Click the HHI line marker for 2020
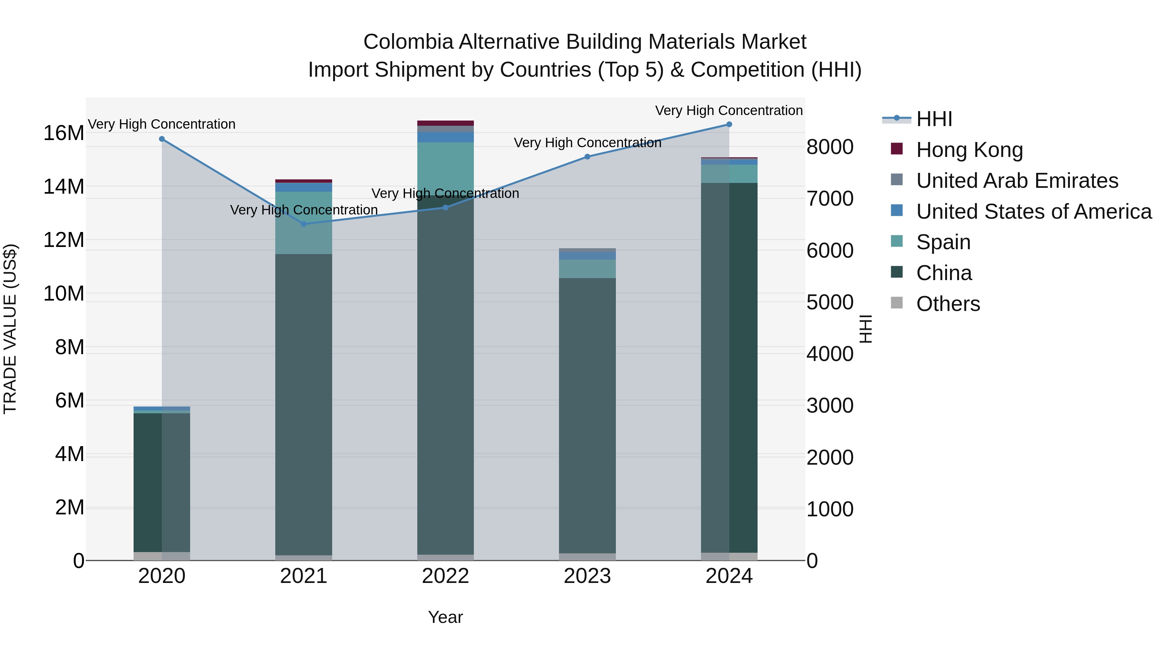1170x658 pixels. point(162,139)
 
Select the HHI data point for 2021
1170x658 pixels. point(304,224)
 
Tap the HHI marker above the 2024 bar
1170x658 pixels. point(729,124)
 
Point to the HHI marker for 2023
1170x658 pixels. point(587,157)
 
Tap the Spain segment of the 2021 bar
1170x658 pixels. point(304,223)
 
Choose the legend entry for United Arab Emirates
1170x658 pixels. point(1017,181)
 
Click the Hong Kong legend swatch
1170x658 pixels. point(897,149)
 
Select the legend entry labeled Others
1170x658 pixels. point(948,304)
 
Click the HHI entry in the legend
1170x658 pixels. point(934,119)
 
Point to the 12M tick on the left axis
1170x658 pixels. point(64,240)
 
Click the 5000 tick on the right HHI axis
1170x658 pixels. point(830,303)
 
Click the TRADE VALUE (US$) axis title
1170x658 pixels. point(10,329)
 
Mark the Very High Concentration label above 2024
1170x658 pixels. point(729,110)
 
